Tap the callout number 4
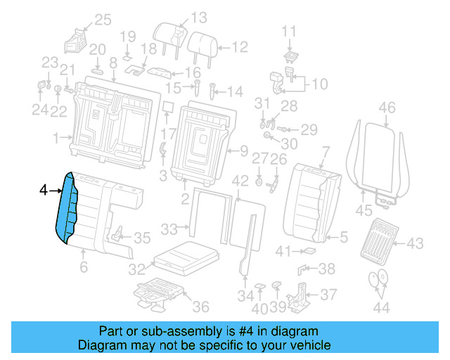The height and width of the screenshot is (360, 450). [x=44, y=191]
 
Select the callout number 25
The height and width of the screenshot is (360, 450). [x=103, y=20]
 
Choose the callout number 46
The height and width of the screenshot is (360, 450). [x=387, y=108]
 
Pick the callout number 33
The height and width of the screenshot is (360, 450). [x=169, y=229]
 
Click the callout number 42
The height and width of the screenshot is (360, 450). [x=240, y=181]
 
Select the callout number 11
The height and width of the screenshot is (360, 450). [x=290, y=31]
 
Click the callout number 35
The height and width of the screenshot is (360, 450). [x=142, y=238]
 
